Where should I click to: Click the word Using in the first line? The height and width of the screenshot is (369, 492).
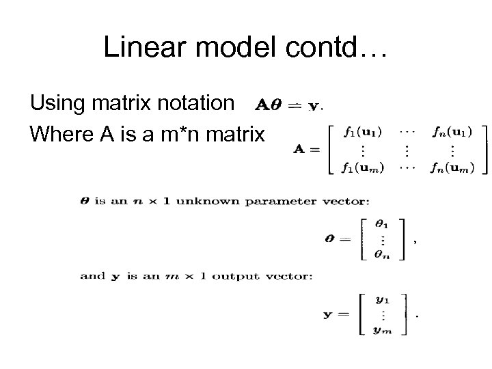coord(56,103)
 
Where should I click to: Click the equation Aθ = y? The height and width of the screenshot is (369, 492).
coord(287,105)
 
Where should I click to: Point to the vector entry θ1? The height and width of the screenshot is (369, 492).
coord(382,223)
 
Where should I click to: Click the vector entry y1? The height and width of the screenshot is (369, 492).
coord(383,299)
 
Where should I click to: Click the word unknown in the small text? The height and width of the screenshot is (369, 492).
coord(195,201)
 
